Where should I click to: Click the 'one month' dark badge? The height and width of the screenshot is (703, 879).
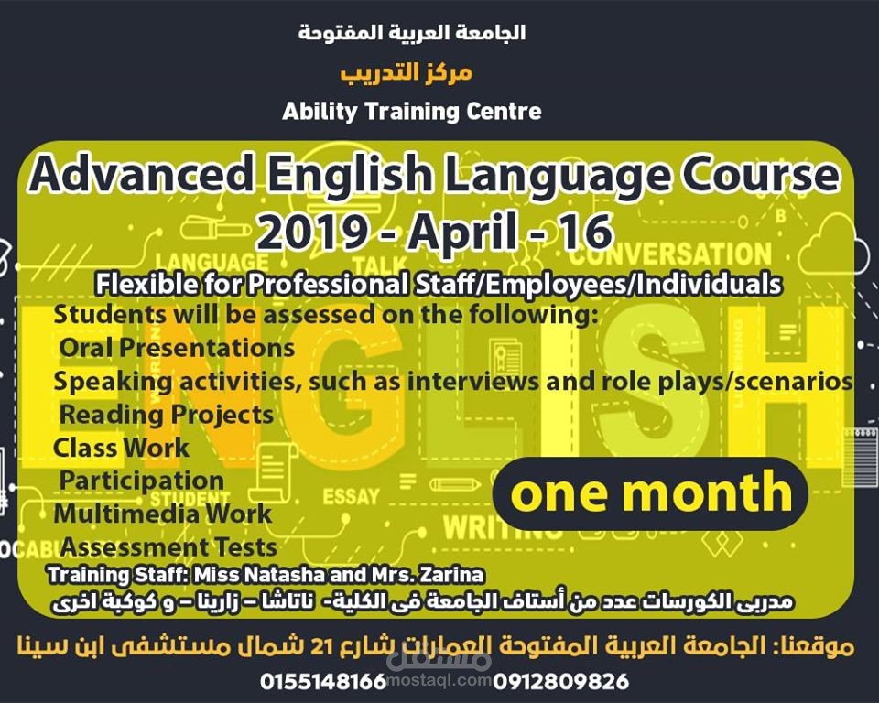point(651,493)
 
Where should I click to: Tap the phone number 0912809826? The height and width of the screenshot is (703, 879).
point(560,682)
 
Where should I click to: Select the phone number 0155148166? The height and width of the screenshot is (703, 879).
point(324,682)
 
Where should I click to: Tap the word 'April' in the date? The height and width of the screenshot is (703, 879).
point(461,233)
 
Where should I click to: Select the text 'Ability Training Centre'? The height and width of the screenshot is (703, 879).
point(412,112)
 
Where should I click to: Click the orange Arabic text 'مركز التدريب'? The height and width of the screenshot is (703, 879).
point(406,72)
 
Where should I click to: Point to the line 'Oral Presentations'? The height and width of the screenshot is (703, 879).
point(177,348)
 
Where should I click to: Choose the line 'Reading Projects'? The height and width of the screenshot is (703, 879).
point(166,415)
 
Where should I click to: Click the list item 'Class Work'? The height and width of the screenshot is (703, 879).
point(121,448)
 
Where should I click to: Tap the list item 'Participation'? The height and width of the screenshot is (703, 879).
point(141,481)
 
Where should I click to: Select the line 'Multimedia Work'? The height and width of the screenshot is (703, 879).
point(162,514)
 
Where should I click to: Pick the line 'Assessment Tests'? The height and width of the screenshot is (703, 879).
point(168,547)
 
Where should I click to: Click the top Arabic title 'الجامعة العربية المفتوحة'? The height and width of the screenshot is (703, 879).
point(412,34)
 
